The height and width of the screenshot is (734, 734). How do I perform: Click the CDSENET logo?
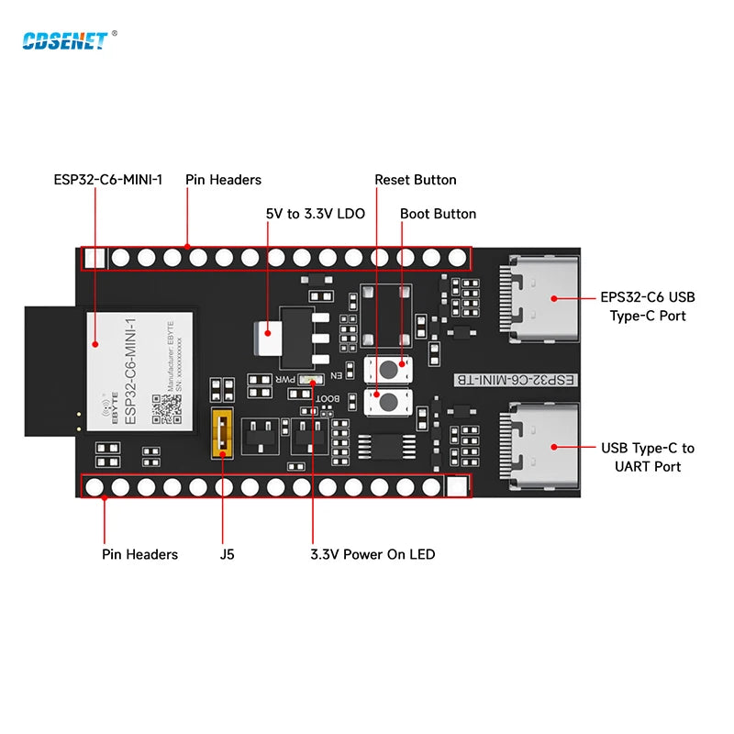[63, 39]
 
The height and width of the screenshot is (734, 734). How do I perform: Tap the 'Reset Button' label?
[415, 180]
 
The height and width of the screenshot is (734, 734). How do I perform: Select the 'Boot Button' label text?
[438, 214]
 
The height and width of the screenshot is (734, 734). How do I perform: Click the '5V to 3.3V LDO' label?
[315, 214]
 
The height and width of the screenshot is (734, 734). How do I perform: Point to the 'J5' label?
[226, 554]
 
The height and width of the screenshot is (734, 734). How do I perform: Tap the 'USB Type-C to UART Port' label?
[648, 457]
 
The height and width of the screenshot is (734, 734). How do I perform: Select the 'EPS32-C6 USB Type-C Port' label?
[648, 306]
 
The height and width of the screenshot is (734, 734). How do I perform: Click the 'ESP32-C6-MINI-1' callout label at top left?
[108, 180]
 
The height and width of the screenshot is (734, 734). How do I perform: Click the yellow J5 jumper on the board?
[221, 433]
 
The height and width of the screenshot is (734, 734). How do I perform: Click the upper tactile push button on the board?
[388, 370]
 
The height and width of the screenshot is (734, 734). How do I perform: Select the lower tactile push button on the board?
[388, 402]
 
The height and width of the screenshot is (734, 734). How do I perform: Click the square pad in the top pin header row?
[94, 258]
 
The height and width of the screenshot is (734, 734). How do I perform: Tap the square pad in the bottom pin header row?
[456, 487]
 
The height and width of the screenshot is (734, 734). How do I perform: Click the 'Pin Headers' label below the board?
[139, 554]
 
